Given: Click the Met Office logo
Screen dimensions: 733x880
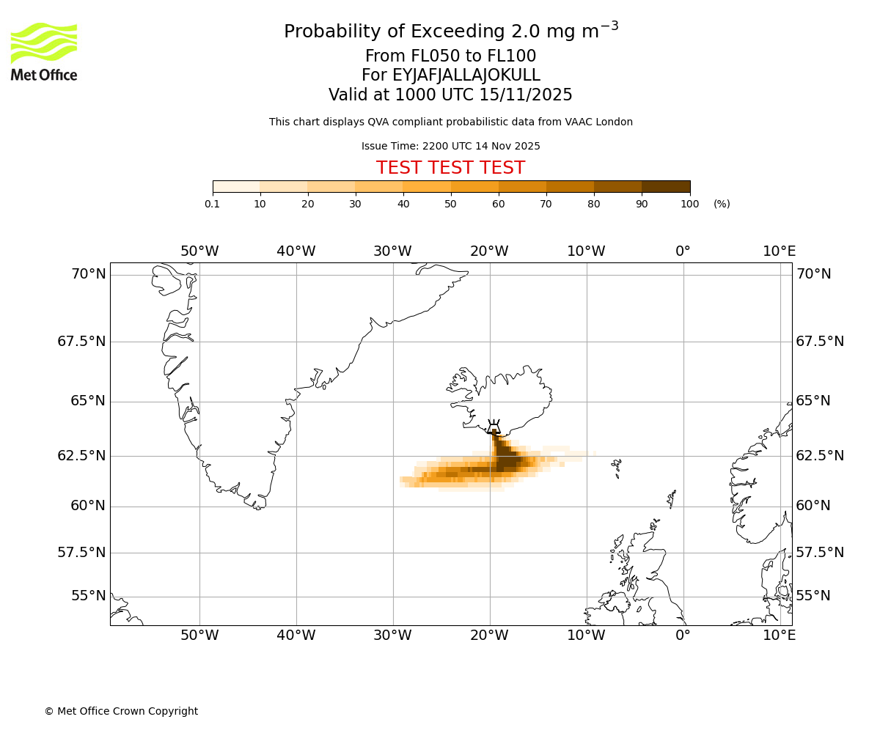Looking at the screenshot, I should point(44,51).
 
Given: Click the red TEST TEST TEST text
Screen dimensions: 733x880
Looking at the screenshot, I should point(450,169).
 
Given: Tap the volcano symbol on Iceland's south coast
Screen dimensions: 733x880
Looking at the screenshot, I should point(494,427).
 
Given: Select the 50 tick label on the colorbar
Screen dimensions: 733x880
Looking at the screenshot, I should point(451,205).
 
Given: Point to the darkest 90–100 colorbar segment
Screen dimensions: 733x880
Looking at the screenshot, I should point(666,187).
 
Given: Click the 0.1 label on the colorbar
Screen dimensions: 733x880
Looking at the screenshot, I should point(212,205).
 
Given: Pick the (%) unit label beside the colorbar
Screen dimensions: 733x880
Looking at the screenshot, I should point(722,205).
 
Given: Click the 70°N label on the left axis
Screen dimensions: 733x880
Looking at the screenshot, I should point(88,274).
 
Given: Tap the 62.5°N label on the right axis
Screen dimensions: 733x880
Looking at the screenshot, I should point(820,456).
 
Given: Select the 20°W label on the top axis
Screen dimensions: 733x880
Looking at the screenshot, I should point(489,251).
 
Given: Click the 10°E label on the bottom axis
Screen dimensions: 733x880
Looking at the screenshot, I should point(779,636).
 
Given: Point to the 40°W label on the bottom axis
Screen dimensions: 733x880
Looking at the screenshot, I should point(296,636).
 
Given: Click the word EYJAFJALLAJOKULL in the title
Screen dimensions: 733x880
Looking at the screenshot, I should point(466,75).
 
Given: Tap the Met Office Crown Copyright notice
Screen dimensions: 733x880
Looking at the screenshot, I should point(121,712).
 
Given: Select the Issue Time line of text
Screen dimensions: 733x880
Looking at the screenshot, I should point(450,147).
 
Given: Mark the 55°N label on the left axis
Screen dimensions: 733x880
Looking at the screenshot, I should point(88,596).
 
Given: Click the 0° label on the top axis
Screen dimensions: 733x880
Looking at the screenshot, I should point(683,251).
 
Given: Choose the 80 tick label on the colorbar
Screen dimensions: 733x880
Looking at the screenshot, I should point(594,205).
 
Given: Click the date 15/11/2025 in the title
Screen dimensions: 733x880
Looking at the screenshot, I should point(526,95).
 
